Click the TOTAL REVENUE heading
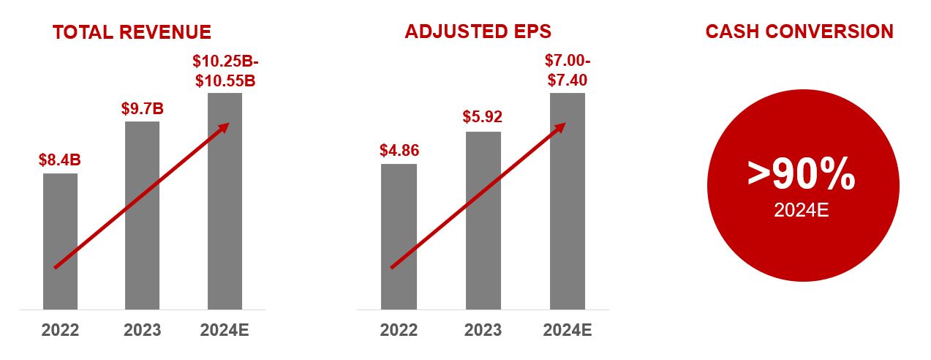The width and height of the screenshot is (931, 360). pyautogui.click(x=132, y=32)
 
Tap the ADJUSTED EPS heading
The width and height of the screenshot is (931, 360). pyautogui.click(x=478, y=32)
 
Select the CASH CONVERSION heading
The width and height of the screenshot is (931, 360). pyautogui.click(x=799, y=32)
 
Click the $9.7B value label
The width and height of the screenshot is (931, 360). pyautogui.click(x=142, y=109)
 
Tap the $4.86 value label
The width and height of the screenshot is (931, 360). pyautogui.click(x=399, y=151)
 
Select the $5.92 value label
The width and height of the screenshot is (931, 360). pyautogui.click(x=483, y=118)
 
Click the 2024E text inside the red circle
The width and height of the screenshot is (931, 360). pyautogui.click(x=802, y=211)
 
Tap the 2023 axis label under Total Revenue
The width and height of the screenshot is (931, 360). pyautogui.click(x=143, y=330)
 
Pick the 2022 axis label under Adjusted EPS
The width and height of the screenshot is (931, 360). pyautogui.click(x=399, y=330)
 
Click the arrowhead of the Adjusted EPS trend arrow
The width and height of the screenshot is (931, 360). pyautogui.click(x=561, y=127)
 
